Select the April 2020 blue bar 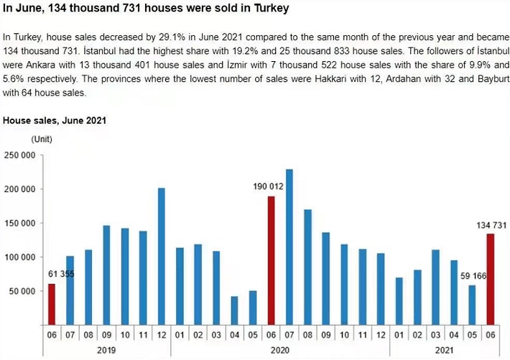[x=234, y=310]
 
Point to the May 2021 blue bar [x=472, y=305]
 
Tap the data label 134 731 [x=491, y=225]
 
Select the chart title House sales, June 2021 [x=55, y=120]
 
